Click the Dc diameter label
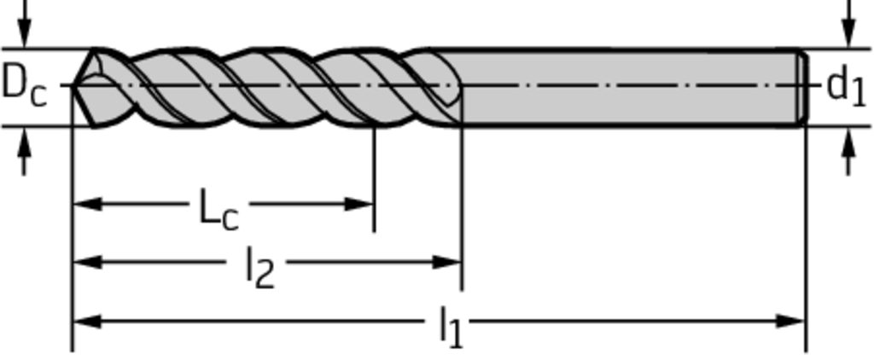click(x=24, y=86)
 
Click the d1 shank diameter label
click(x=845, y=86)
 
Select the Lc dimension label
click(x=218, y=209)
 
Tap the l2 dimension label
click(x=259, y=268)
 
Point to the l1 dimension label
click(x=450, y=326)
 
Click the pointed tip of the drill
click(x=74, y=85)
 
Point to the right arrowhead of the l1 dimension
click(x=791, y=322)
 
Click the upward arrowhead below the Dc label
click(x=24, y=142)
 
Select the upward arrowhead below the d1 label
click(x=848, y=142)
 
